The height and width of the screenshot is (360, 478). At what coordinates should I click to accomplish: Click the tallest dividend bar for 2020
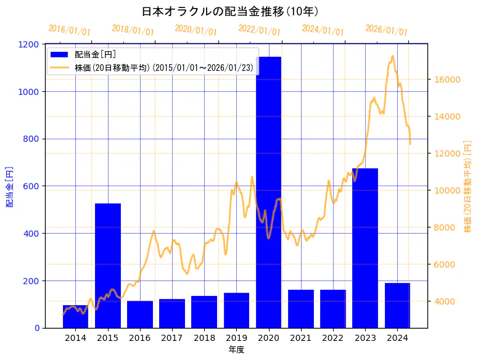point(268,191)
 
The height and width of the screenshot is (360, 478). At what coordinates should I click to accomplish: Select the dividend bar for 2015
point(108,265)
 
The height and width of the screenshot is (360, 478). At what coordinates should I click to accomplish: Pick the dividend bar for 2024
point(397,305)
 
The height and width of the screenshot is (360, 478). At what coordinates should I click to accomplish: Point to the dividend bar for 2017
point(172,313)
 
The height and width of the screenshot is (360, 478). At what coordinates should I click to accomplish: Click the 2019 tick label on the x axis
point(236,338)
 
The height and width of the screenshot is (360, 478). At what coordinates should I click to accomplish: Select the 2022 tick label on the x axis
point(333,338)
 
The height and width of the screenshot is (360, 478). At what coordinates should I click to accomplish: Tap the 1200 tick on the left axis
point(30,44)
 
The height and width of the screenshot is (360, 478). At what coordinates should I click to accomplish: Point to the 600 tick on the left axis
point(32,186)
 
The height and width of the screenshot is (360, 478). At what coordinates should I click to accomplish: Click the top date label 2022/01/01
point(259,30)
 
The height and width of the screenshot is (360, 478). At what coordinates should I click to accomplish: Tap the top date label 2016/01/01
point(69,30)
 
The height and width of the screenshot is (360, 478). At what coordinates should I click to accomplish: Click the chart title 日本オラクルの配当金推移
point(229,12)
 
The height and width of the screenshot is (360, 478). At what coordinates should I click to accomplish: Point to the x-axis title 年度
point(236,350)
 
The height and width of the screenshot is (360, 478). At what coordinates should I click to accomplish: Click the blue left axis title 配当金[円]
point(10,186)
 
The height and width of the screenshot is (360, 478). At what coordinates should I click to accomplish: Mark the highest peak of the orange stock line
point(392,56)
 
